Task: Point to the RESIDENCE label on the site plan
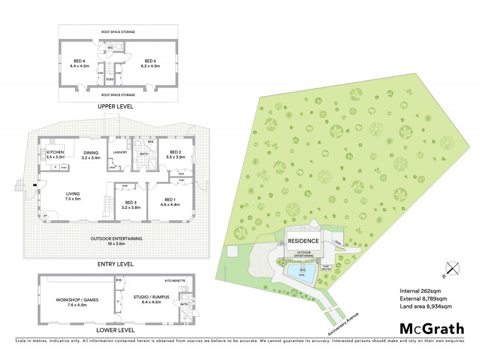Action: pos(303,241)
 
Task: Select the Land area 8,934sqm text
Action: pos(425,307)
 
